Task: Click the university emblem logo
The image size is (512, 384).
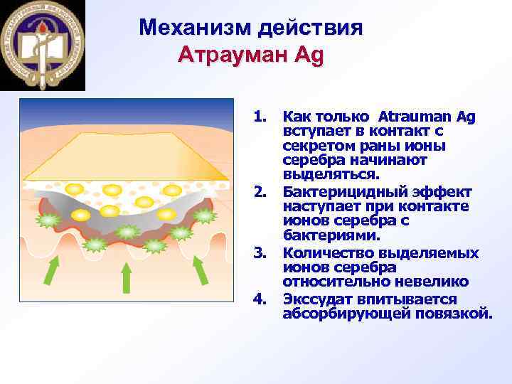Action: (x=43, y=44)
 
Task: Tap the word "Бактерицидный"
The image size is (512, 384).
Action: (x=337, y=191)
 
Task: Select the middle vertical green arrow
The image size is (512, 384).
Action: (x=126, y=277)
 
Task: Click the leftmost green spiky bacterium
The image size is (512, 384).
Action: (x=48, y=220)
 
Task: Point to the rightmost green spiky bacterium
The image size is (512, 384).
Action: (x=204, y=215)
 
